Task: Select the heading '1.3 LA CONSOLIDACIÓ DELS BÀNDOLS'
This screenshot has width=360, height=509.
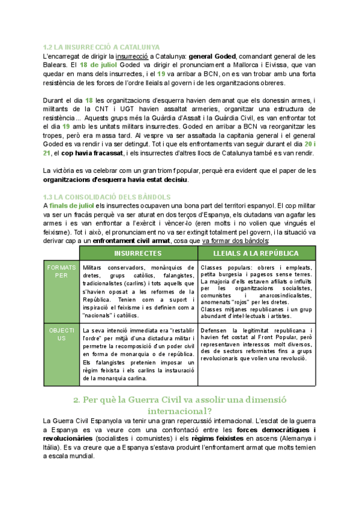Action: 107,197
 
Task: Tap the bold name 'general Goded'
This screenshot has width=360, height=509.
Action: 214,56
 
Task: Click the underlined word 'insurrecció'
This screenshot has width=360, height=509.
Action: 124,56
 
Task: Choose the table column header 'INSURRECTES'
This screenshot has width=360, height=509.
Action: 137,254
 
